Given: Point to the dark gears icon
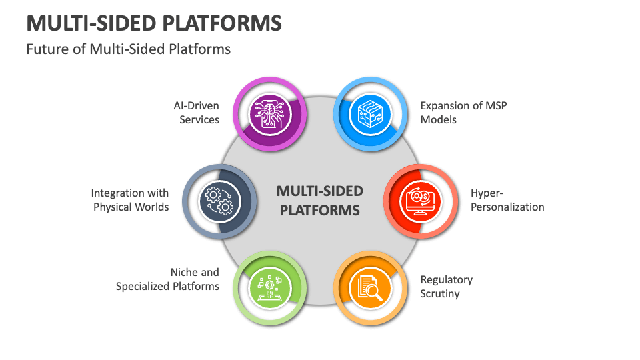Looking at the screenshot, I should (x=218, y=200).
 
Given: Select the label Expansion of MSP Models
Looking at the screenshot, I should (x=463, y=113).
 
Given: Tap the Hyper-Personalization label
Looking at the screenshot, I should (x=507, y=200).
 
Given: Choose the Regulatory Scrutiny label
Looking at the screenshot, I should (x=446, y=287).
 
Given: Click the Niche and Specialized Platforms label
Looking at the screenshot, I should (x=168, y=279).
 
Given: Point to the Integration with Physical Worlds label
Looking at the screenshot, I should (x=130, y=200).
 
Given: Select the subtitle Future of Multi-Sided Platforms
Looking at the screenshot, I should (x=129, y=49).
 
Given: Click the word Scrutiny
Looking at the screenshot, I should (x=440, y=293).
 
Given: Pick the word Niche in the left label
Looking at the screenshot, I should (x=185, y=272).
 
